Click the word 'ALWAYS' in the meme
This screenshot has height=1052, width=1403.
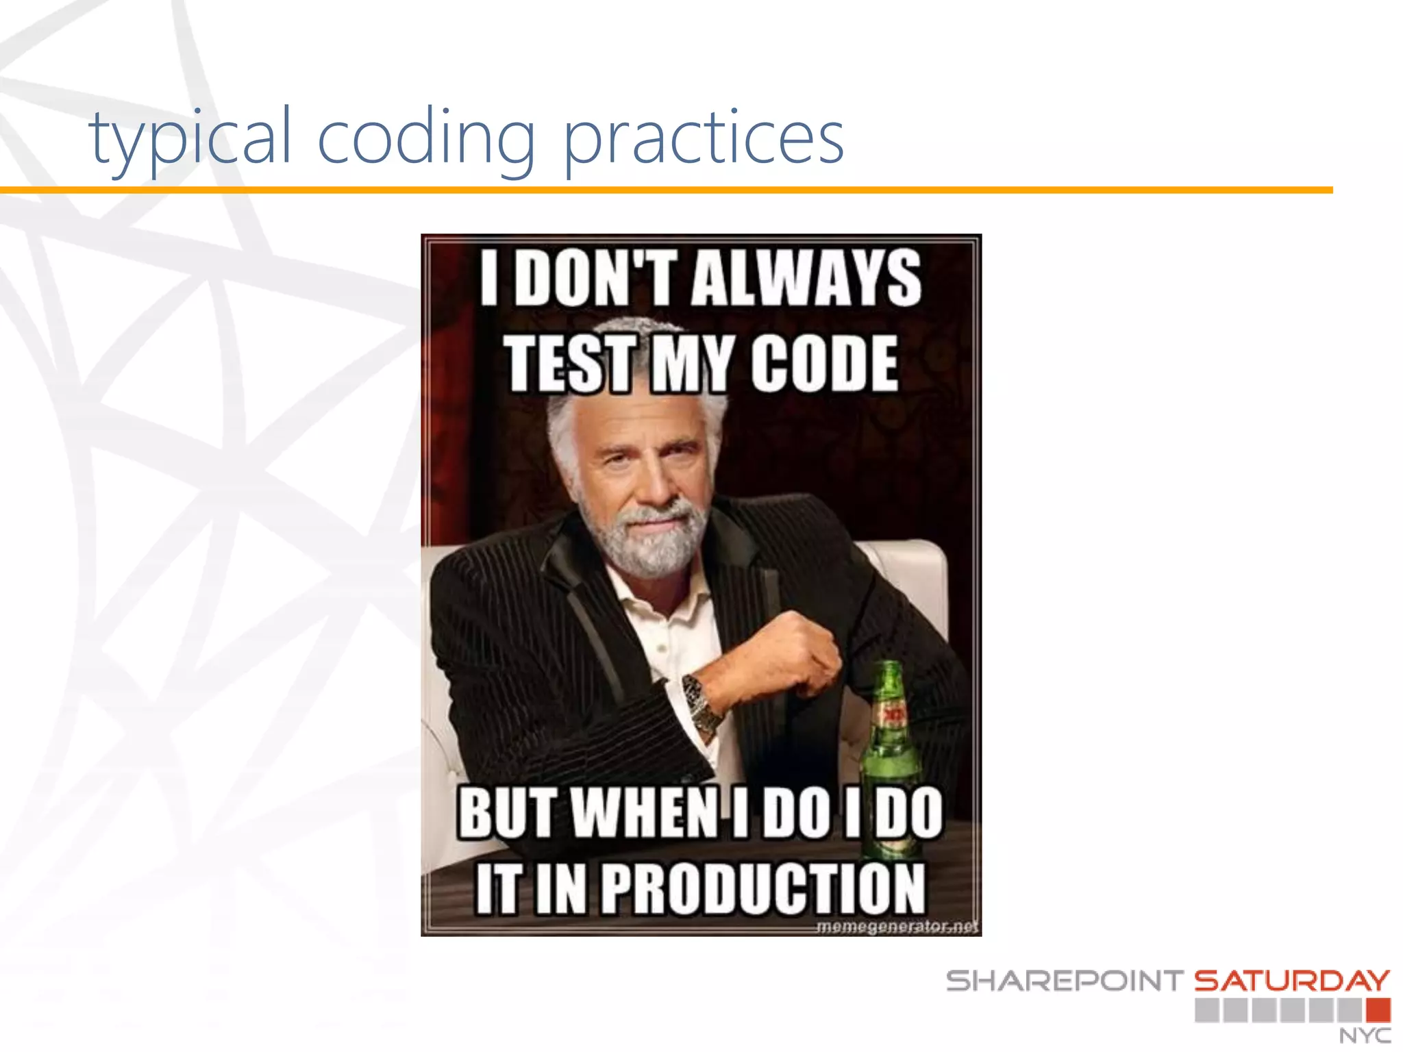point(806,277)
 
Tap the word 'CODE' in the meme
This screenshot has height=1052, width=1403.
point(823,364)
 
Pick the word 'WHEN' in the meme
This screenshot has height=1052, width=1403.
point(644,813)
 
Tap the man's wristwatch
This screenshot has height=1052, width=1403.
point(702,702)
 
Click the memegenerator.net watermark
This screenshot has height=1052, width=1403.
point(897,927)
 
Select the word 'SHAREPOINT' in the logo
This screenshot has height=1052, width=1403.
point(1065,981)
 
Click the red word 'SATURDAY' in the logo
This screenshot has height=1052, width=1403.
point(1292,981)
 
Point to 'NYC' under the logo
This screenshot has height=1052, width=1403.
point(1365,1036)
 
